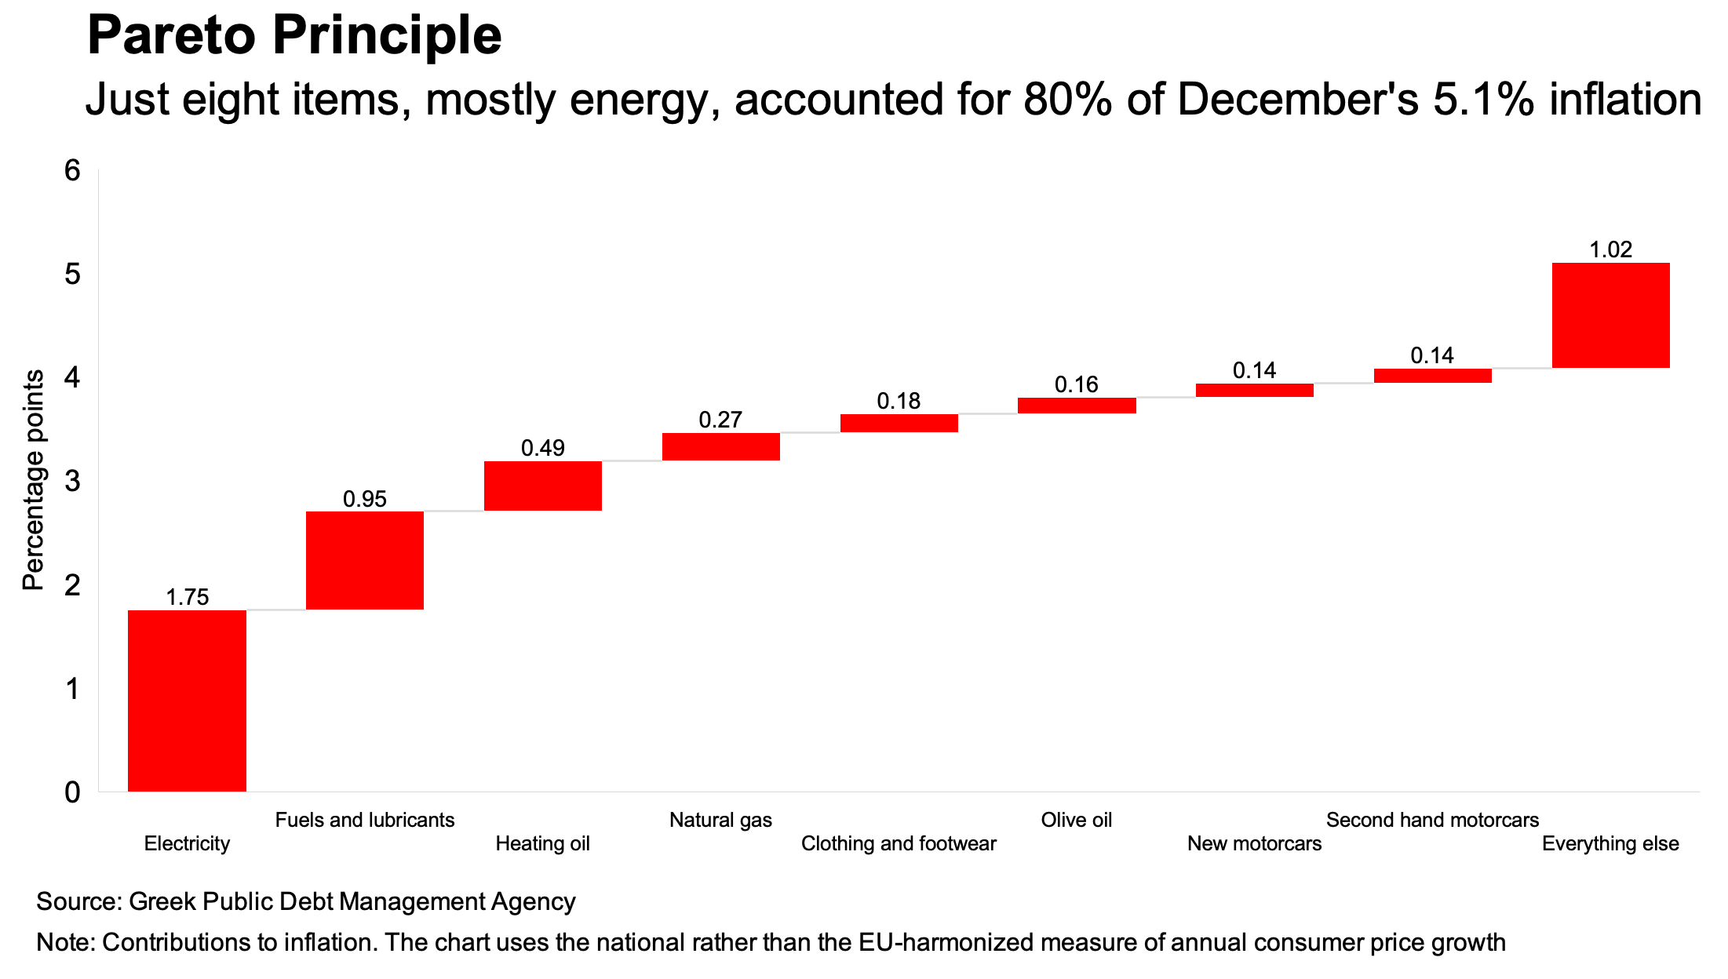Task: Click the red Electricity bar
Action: tap(187, 701)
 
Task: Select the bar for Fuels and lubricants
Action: tap(365, 560)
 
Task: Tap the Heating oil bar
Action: tap(543, 486)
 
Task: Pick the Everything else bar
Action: tap(1610, 315)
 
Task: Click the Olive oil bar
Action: tap(1077, 405)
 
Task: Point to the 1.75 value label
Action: tap(187, 598)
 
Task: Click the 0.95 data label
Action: tap(365, 499)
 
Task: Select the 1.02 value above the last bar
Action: tap(1610, 249)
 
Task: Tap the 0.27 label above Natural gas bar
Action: tap(720, 420)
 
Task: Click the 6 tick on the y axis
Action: tap(73, 170)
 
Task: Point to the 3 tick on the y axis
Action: tap(73, 481)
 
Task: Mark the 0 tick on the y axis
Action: tap(73, 792)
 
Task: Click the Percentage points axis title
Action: tap(33, 480)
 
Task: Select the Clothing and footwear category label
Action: tap(899, 843)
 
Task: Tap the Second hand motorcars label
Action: tap(1432, 820)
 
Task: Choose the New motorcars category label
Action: tap(1254, 843)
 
